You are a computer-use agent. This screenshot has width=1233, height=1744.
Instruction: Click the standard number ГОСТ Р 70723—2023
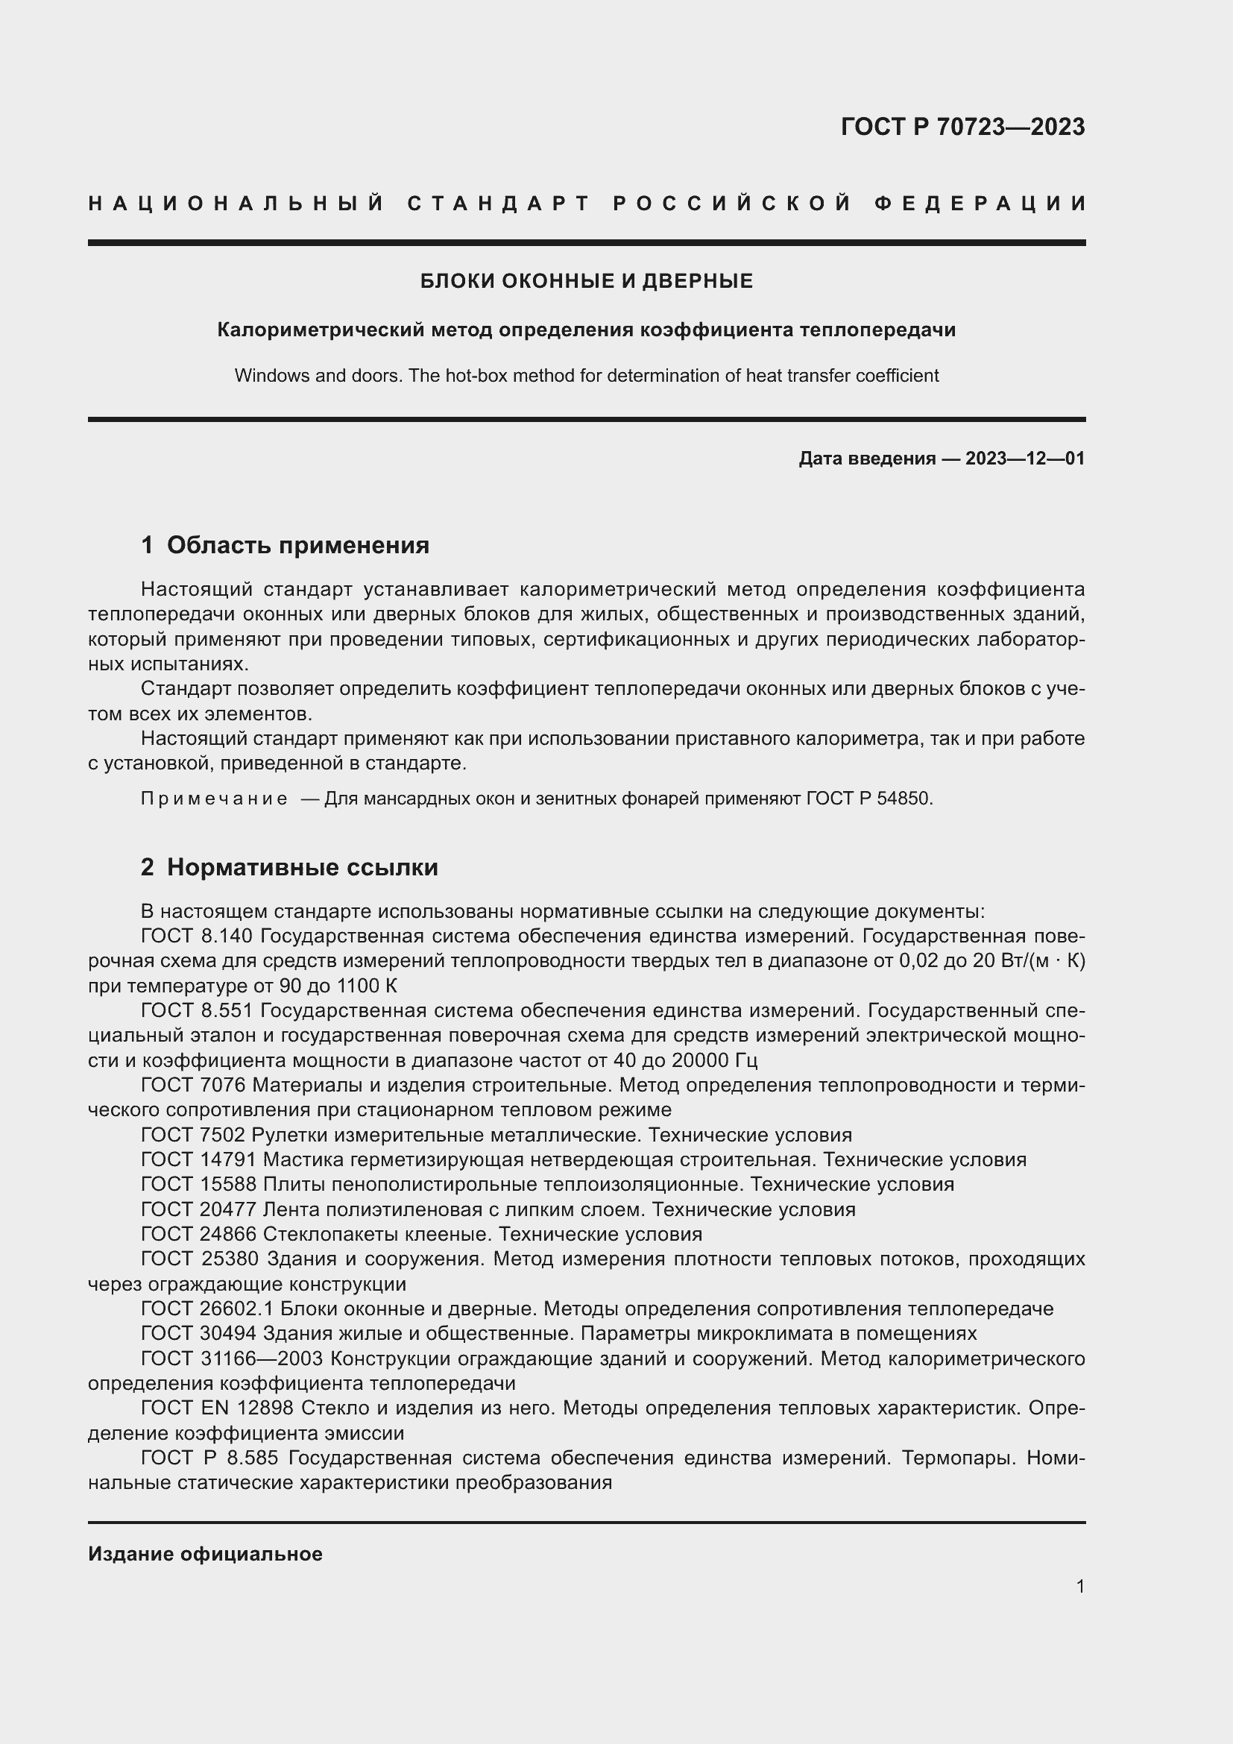coord(962,127)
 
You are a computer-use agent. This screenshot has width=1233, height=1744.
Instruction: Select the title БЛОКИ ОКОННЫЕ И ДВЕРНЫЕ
coord(586,281)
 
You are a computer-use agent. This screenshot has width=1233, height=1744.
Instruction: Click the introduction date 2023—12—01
coord(1024,458)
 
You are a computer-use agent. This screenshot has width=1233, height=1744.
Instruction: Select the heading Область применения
coord(297,544)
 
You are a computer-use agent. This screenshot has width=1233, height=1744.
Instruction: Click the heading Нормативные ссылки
coord(302,866)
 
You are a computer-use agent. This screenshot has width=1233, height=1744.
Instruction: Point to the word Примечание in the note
coord(214,799)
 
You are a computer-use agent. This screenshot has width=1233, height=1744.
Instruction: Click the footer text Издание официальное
coord(205,1553)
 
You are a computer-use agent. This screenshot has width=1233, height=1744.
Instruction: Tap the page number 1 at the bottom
coord(1079,1586)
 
